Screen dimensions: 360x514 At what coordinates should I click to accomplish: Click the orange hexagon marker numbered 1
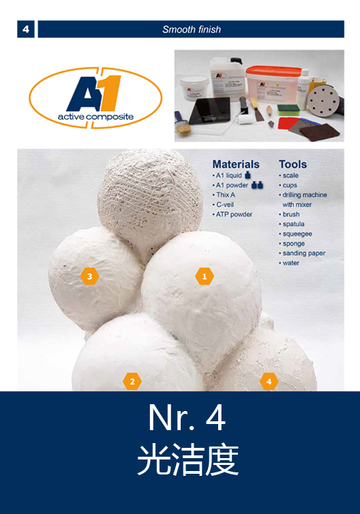205,276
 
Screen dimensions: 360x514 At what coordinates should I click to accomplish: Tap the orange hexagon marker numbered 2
132,382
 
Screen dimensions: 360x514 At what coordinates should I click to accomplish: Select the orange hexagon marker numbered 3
90,276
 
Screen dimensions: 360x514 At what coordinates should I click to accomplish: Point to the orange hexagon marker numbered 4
269,382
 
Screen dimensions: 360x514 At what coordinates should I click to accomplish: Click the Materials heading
236,164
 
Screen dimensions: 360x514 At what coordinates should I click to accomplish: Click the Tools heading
292,164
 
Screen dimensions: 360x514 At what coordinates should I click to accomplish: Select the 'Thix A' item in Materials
225,195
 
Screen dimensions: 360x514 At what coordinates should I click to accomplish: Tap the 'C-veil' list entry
225,205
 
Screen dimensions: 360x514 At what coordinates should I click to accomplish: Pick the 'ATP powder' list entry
234,214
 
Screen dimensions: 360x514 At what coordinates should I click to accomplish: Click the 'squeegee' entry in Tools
297,234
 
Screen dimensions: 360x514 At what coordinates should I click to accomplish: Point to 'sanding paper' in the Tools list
304,254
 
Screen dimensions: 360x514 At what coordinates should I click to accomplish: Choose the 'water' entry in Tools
291,263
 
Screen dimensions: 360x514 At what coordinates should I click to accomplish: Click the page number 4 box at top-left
26,29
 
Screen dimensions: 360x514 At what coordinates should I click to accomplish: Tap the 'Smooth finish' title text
192,29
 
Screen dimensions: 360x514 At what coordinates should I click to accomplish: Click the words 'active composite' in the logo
95,117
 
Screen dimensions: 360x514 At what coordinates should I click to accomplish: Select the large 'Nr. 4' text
187,418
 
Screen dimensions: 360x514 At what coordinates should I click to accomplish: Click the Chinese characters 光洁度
187,459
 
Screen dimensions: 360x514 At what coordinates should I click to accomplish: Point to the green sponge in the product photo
288,109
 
